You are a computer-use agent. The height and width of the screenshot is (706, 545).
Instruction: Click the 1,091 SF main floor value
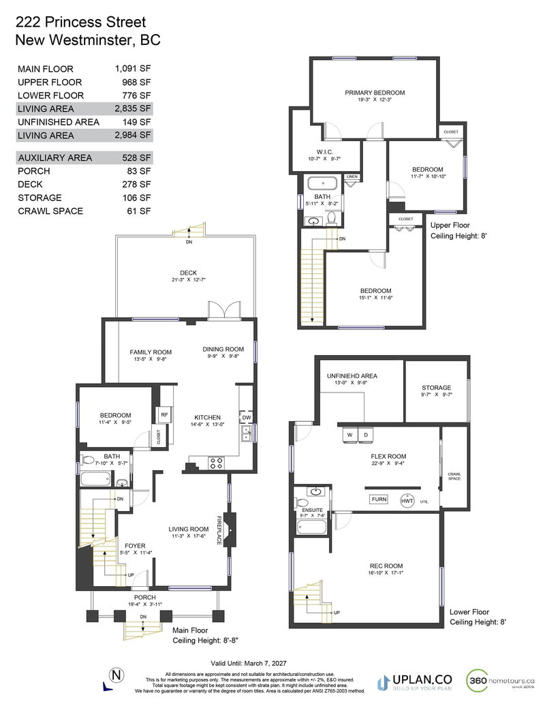[133, 69]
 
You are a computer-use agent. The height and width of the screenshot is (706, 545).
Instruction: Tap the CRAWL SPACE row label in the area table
[50, 211]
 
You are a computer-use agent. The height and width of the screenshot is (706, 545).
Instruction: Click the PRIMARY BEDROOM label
[375, 93]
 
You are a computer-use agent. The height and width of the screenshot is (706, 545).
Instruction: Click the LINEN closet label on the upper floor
[352, 177]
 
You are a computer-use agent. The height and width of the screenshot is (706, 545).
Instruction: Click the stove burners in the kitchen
[216, 463]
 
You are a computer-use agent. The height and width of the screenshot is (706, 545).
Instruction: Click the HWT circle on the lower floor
[407, 501]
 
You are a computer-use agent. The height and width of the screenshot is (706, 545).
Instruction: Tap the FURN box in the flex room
[379, 500]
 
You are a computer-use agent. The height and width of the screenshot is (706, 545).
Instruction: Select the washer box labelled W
[348, 435]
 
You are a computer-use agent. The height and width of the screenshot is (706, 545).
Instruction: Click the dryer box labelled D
[365, 435]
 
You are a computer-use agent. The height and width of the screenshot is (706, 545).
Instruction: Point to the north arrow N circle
[119, 675]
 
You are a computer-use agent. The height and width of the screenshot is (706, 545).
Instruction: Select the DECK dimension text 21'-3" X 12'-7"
[184, 281]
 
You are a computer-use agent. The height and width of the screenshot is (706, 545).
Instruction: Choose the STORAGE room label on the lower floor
[435, 388]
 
